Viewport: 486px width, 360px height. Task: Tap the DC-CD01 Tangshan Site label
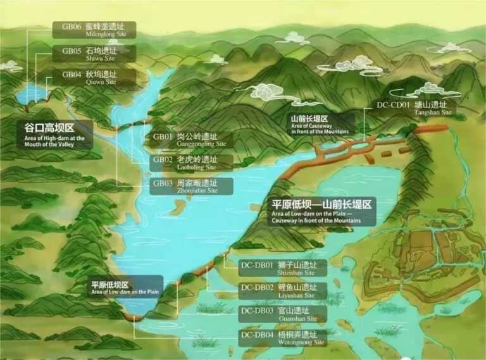(414, 108)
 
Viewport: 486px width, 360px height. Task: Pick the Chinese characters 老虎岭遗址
(196, 159)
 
